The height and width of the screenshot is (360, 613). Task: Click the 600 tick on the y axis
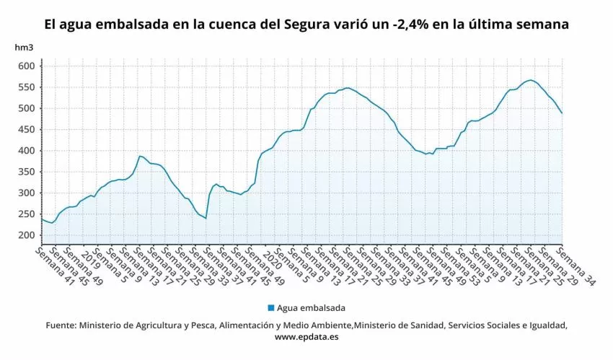pos(26,66)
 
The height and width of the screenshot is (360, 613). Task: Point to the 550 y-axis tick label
pos(26,87)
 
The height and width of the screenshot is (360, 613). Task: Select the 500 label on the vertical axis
pos(26,109)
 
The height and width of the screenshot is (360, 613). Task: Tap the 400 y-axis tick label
pos(26,151)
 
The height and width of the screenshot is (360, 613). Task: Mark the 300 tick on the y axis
pos(26,193)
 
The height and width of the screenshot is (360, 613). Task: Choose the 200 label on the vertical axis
pos(26,236)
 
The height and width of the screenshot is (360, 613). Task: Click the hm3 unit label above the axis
pos(24,48)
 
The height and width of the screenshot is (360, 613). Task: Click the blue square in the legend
pos(270,307)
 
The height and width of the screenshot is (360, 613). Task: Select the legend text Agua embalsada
pos(311,307)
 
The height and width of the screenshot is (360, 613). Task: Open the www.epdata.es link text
pos(306,336)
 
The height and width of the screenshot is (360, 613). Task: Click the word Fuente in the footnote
pos(61,325)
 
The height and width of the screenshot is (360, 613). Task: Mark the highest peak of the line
pos(530,80)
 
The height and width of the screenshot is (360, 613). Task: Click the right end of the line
pos(562,113)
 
